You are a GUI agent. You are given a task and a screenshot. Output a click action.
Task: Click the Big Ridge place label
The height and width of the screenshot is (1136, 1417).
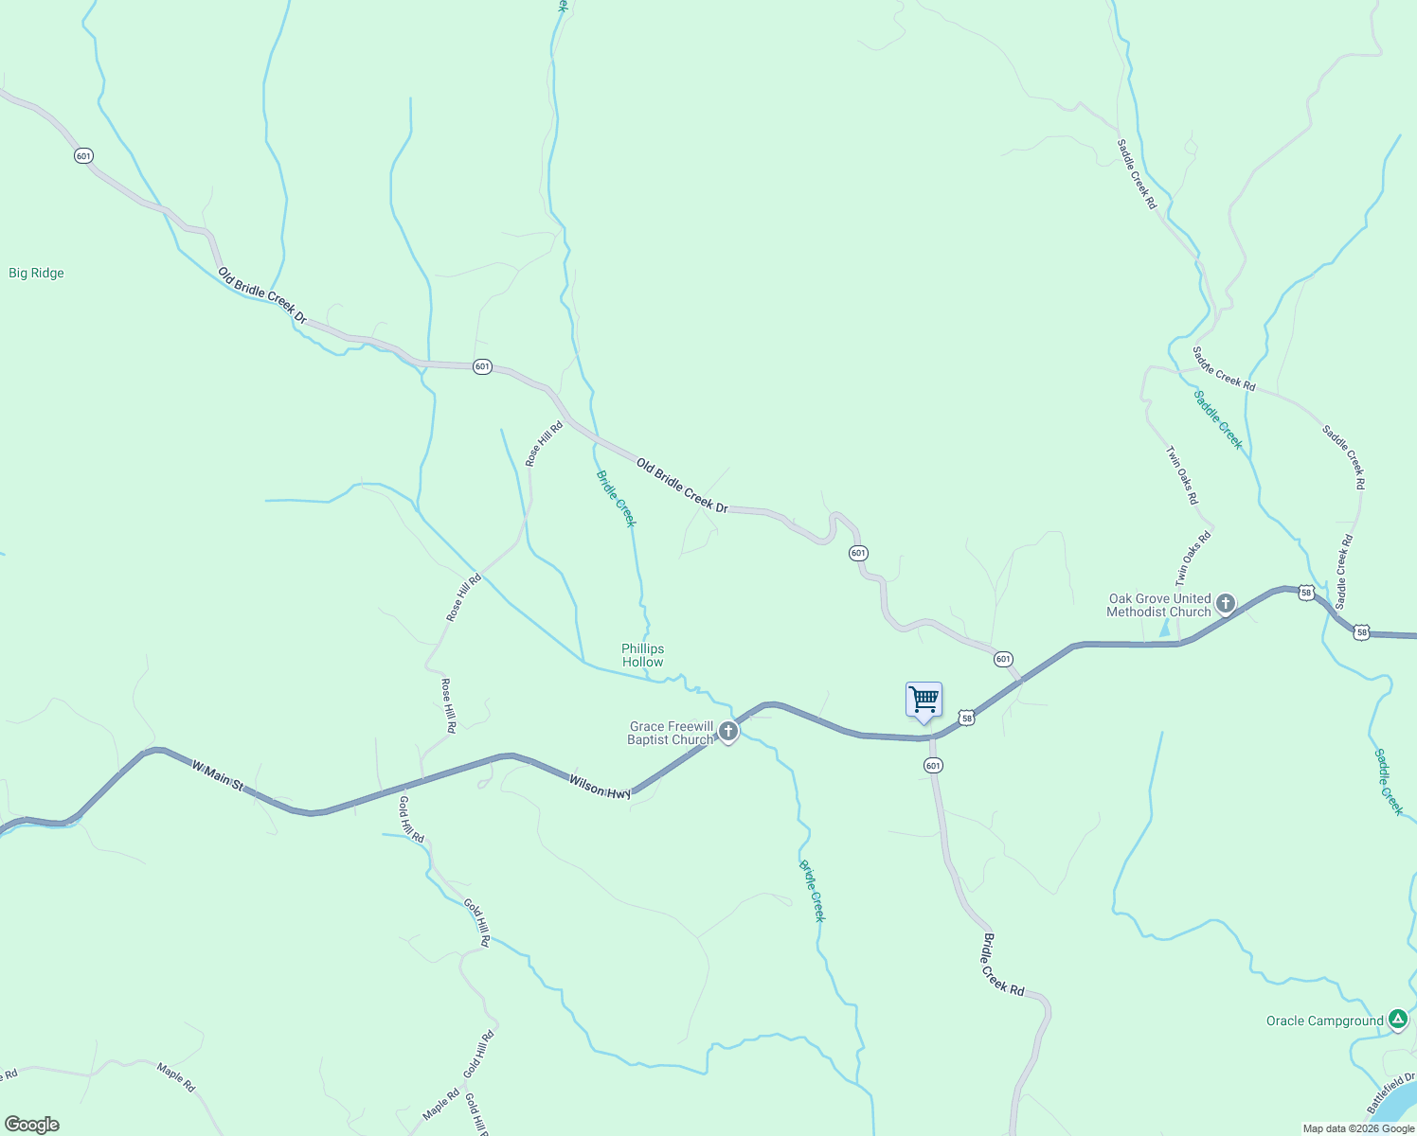[36, 273]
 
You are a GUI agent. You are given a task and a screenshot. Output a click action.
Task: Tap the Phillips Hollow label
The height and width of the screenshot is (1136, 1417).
[642, 655]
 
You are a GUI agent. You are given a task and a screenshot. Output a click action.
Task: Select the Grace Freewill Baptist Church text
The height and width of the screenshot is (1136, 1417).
[671, 733]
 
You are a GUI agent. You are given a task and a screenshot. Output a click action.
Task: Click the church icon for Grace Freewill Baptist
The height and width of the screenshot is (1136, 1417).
[727, 731]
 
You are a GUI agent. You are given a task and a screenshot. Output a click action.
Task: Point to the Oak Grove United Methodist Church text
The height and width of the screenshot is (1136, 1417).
[1159, 605]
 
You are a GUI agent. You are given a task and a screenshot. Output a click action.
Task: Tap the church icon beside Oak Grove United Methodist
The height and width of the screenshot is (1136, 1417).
[1226, 603]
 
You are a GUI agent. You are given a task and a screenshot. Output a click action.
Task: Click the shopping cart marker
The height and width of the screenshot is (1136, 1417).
[924, 700]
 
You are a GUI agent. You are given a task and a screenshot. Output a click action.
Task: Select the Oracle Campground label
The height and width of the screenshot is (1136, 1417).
[1324, 1021]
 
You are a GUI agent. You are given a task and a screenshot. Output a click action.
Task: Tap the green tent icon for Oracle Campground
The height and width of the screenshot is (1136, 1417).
[1398, 1020]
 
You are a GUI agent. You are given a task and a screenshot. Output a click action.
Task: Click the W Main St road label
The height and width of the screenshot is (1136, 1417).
[218, 774]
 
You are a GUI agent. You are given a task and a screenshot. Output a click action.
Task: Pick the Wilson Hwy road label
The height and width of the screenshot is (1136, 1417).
[600, 786]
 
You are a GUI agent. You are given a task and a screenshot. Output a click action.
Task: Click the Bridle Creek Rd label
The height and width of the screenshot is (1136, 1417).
[1003, 965]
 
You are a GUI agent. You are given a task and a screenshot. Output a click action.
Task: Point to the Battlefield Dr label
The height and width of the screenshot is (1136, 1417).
[1390, 1093]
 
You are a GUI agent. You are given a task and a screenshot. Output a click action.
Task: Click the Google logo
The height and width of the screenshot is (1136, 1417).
[31, 1125]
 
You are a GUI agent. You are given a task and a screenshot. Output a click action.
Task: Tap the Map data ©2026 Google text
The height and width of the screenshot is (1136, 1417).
[1358, 1128]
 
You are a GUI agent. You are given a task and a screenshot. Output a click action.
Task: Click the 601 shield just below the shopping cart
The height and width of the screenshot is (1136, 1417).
[934, 765]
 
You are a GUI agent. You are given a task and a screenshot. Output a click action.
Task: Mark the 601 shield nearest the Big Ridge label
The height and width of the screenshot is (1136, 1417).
[84, 155]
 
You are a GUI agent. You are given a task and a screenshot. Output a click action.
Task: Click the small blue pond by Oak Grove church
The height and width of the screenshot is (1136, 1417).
[1164, 628]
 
